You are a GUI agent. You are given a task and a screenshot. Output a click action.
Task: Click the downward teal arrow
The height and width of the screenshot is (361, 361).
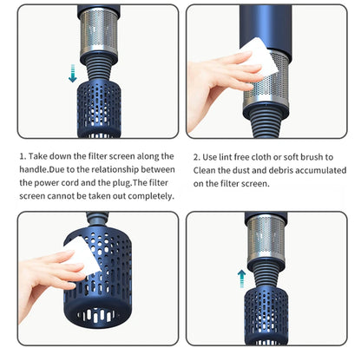coord(72,75)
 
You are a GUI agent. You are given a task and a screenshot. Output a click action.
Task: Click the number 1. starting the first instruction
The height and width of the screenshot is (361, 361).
coord(23,156)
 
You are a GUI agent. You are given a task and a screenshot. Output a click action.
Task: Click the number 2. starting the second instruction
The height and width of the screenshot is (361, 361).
coord(196,156)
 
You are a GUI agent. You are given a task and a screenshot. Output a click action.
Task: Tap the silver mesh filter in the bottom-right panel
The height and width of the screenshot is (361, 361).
coord(270,239)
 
